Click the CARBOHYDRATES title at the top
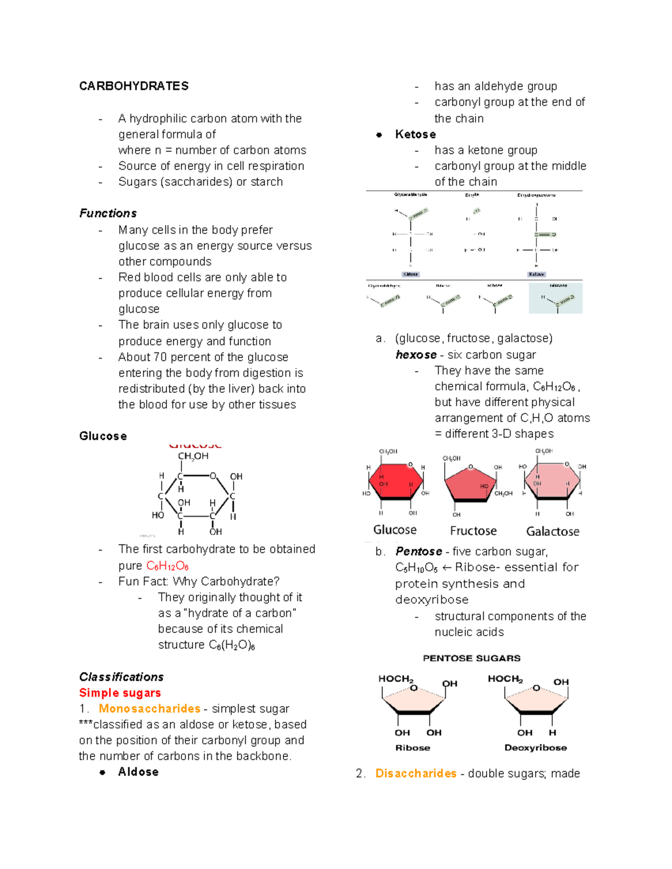134,86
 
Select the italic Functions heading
108,213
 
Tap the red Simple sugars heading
120,693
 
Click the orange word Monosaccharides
150,708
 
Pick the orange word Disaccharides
416,773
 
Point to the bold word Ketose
416,134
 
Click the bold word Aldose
138,772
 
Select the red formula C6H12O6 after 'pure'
167,566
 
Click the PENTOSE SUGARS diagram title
472,658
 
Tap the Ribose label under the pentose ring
413,748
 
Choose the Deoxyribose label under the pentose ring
535,748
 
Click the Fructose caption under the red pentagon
473,530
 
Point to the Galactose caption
553,531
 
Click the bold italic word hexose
416,355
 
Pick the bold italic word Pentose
419,551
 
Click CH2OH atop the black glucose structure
193,456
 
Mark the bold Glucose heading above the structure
103,436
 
